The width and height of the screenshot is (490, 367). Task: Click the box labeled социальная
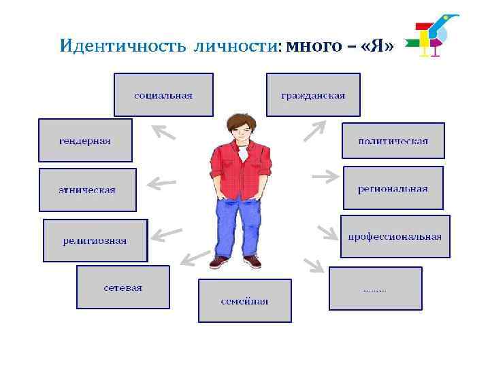click(x=163, y=95)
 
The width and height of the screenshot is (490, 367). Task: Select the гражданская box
click(x=313, y=95)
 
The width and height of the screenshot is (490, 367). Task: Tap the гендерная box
click(x=85, y=141)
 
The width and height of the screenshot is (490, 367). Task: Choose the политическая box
click(x=393, y=141)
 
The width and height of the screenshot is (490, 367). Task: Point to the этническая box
click(x=87, y=190)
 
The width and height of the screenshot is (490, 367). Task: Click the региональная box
click(x=393, y=188)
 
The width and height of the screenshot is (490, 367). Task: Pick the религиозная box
click(x=95, y=241)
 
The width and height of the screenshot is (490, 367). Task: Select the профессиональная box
click(x=395, y=237)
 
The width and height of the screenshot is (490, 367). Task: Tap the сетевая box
click(x=122, y=287)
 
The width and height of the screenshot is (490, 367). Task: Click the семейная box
click(x=244, y=300)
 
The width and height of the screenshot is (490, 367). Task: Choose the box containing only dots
click(x=375, y=288)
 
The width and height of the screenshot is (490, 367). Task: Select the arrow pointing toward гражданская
click(x=314, y=130)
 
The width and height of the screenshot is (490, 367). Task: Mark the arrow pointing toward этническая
click(x=161, y=182)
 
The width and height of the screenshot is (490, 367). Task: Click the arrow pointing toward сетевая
click(x=195, y=258)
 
